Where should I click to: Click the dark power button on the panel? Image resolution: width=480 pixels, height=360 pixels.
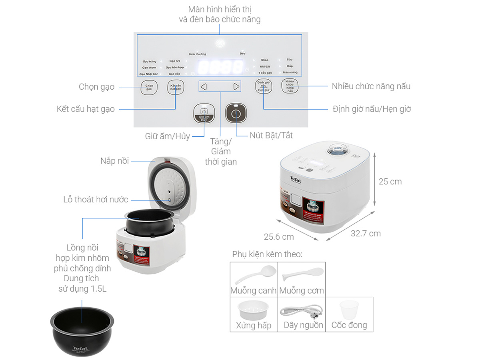[x=236, y=113]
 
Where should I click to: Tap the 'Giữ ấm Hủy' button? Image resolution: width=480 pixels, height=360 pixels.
[x=204, y=113]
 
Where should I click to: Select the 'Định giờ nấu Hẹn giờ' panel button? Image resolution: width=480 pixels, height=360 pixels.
[x=264, y=86]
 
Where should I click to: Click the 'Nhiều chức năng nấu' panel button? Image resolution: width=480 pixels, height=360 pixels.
[x=290, y=86]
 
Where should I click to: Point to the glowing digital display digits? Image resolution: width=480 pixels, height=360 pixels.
[x=221, y=67]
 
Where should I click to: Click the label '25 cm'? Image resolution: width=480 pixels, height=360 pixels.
[x=390, y=182]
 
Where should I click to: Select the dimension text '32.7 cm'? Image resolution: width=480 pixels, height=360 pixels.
[x=366, y=234]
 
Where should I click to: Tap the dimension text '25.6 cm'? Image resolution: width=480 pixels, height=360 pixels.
[x=279, y=237]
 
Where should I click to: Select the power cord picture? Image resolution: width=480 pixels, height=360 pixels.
[x=302, y=310]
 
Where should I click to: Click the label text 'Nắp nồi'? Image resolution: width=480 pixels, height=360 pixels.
[x=115, y=161]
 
